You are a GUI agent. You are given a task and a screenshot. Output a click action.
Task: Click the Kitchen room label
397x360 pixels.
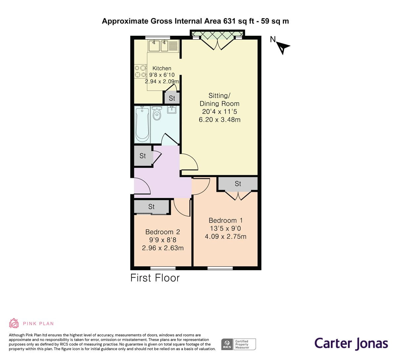pos(162,68)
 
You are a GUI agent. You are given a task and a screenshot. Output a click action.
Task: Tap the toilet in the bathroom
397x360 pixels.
pos(157,113)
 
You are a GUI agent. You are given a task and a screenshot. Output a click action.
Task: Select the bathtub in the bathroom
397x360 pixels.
pos(142,124)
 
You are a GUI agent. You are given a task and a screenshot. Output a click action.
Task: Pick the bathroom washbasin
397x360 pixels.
pos(172,110)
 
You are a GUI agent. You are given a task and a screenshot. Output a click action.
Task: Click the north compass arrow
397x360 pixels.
pos(283,48)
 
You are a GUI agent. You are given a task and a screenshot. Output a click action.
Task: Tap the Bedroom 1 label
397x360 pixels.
pos(225,220)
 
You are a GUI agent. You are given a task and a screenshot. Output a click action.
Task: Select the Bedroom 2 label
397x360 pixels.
pos(162,232)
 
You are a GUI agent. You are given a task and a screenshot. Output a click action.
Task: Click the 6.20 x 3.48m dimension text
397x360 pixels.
pos(219,120)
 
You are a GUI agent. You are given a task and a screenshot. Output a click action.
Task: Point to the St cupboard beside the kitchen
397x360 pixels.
pos(172,98)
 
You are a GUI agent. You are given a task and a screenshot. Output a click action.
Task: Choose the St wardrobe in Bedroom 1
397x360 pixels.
pos(238,184)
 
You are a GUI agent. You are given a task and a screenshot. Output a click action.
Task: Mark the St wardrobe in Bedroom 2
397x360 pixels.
pos(152,207)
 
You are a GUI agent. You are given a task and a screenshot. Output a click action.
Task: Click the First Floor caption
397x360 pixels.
pos(155,278)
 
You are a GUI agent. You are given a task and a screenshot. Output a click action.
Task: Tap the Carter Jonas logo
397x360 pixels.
pos(351,343)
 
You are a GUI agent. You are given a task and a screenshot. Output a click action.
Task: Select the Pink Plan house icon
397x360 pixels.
pos(14,323)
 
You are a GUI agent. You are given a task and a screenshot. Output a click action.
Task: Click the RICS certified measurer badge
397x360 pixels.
pos(239,344)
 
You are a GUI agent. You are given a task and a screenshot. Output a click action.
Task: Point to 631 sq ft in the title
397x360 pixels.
pos(239,21)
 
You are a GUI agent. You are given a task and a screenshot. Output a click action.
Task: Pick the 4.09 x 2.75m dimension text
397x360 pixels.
pos(225,236)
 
